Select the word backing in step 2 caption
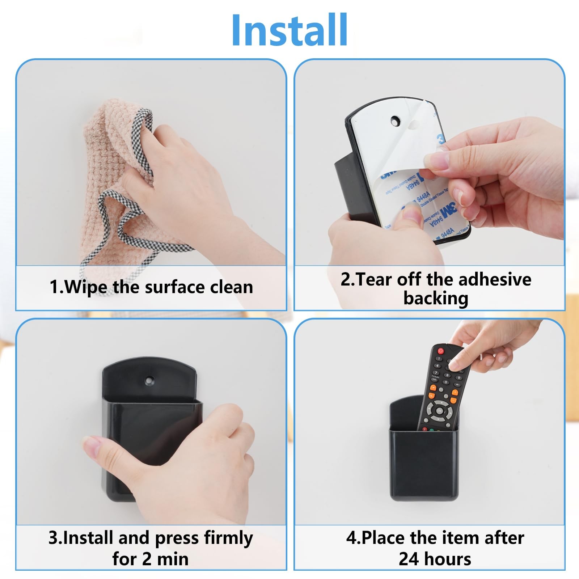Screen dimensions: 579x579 point(436,299)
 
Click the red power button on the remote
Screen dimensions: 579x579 point(440,351)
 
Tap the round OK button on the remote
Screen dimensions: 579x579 point(439,411)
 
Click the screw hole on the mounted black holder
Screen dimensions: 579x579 point(149,380)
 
